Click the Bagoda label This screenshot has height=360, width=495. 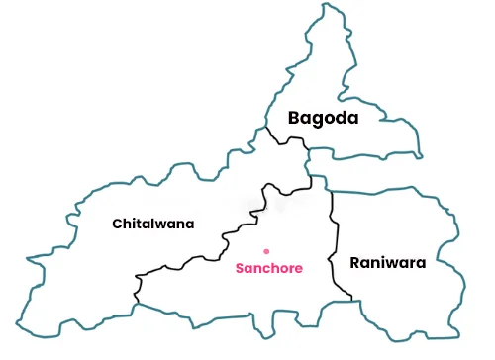pyautogui.click(x=323, y=118)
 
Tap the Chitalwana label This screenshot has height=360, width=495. pyautogui.click(x=153, y=224)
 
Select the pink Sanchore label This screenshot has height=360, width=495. pyautogui.click(x=268, y=268)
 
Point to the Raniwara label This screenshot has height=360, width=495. pyautogui.click(x=387, y=263)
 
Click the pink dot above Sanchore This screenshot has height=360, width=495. pyautogui.click(x=266, y=251)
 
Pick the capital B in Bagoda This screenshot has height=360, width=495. pyautogui.click(x=294, y=118)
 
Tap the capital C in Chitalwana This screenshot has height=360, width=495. pyautogui.click(x=118, y=224)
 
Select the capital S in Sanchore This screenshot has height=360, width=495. pyautogui.click(x=239, y=268)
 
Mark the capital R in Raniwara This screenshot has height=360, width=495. pyautogui.click(x=355, y=263)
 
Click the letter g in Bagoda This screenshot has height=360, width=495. pyautogui.click(x=317, y=120)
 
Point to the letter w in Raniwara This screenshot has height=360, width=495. pyautogui.click(x=394, y=264)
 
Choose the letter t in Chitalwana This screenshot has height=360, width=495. pyautogui.click(x=138, y=224)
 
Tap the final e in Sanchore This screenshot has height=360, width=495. pyautogui.click(x=298, y=268)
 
